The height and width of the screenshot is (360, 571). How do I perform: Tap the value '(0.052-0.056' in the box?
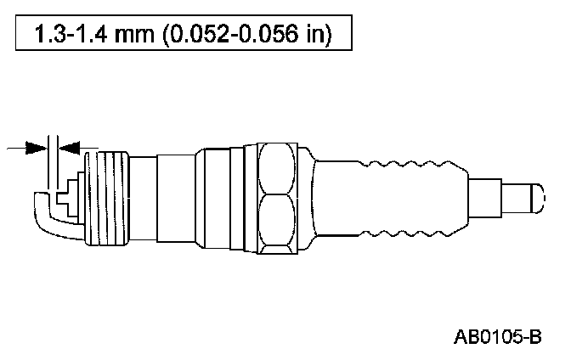click(x=230, y=35)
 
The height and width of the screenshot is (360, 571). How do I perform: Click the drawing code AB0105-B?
click(x=497, y=337)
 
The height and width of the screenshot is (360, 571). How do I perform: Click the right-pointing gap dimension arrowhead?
click(x=37, y=148)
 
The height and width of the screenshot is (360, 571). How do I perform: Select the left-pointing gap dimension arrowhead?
click(x=69, y=148)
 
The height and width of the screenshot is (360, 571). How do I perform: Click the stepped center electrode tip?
click(x=68, y=199)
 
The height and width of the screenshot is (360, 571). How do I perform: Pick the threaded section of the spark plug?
click(x=107, y=199)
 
